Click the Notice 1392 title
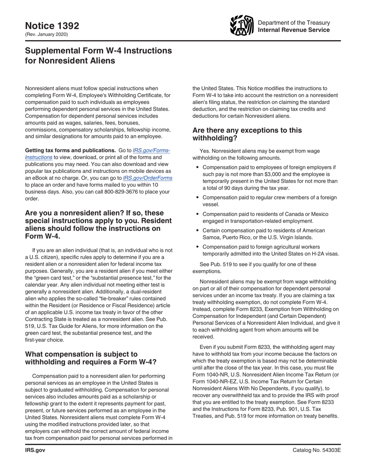click(52, 25)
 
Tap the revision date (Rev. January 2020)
click(46, 34)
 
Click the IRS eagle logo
click(242, 25)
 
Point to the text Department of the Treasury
click(294, 22)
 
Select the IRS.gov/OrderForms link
click(147, 178)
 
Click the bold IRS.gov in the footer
click(35, 450)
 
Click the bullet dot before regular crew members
click(197, 198)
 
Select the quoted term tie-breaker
click(114, 298)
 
